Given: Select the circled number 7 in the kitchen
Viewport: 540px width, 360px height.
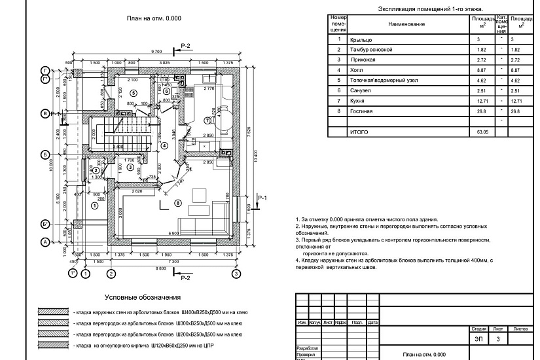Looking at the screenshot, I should (x=207, y=120).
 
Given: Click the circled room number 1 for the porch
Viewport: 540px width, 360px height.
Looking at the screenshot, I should (x=94, y=206).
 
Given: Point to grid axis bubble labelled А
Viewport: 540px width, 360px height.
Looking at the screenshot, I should (x=45, y=242).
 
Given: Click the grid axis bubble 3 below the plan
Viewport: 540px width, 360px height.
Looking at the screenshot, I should (x=235, y=273).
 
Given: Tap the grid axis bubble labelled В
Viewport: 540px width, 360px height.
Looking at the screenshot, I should (x=45, y=114).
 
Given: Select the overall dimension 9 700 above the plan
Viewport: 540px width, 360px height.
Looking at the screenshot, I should (x=156, y=51).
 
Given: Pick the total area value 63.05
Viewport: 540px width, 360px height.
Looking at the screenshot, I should (x=482, y=132).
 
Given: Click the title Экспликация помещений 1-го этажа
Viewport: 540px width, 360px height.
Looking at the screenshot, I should (x=430, y=9).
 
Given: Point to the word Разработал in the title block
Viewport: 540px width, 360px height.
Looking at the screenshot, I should (x=308, y=348).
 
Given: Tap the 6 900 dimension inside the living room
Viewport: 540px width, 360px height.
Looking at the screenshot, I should (x=174, y=234).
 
